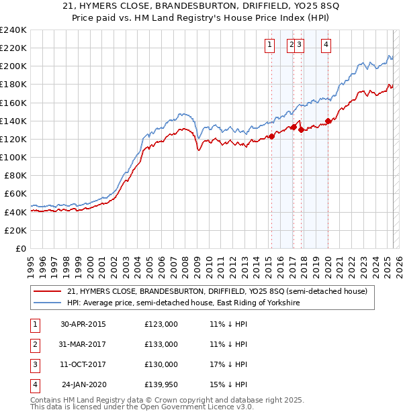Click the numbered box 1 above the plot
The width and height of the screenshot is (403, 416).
tap(269, 45)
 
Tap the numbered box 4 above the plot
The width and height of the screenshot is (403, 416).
tap(326, 45)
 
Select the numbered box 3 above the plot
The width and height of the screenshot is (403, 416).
tap(299, 45)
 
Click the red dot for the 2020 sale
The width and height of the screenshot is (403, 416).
tap(328, 121)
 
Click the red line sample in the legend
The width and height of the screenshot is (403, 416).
tap(48, 291)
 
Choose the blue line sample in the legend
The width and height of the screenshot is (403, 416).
tap(48, 303)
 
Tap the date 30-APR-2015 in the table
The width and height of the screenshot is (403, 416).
tap(83, 324)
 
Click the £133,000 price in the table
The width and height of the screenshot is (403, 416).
tap(161, 344)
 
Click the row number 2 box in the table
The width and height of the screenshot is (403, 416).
tap(34, 344)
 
